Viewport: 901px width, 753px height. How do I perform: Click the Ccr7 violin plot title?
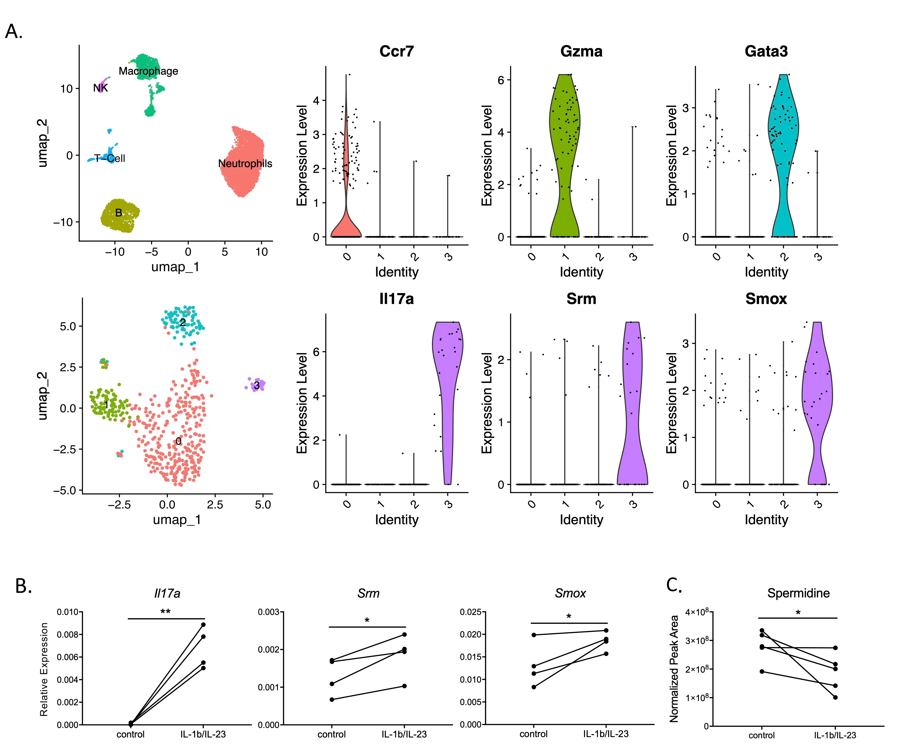click(397, 52)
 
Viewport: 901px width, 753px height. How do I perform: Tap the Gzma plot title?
click(581, 52)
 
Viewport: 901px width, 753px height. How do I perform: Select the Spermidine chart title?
click(798, 593)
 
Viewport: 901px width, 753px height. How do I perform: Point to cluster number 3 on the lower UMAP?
click(257, 385)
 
